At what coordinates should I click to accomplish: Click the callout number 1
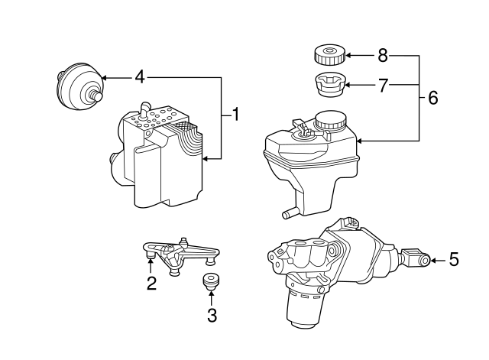coord(236,115)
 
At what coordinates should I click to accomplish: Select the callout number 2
coord(151,284)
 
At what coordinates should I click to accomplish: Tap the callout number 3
coord(212,314)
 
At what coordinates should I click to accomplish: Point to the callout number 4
coord(139,76)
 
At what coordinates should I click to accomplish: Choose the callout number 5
coord(453,261)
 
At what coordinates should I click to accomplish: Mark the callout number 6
coord(433,98)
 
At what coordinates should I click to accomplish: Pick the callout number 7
coord(383,84)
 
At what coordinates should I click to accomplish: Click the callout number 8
coord(383,55)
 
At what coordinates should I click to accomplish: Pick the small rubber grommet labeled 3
coord(211,280)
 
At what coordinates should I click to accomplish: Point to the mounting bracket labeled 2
coord(182,250)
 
